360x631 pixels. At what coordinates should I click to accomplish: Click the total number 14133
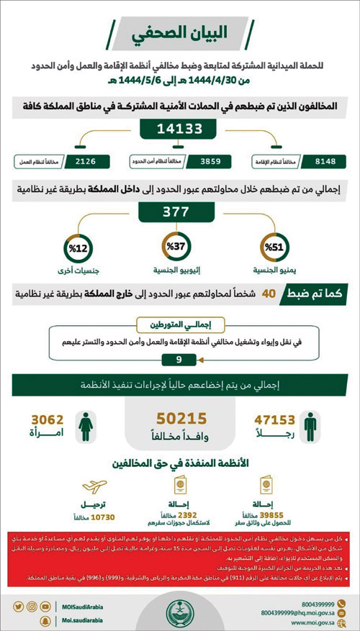(179, 128)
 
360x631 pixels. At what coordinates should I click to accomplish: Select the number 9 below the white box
(179, 359)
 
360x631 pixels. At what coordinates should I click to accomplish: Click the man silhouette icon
(310, 426)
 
